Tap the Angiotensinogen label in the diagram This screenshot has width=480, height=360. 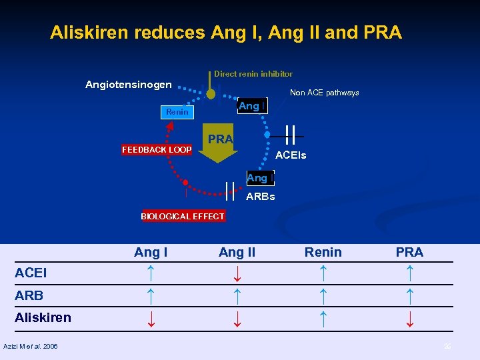coord(129,85)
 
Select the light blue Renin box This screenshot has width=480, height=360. coord(177,112)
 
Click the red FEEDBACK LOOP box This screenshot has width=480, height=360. coord(157,150)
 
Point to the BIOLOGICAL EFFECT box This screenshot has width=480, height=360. coord(183,216)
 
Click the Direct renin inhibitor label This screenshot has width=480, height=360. coord(253,74)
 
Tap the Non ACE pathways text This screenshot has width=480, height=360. coord(325,93)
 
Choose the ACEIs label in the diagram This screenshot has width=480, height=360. coord(291,155)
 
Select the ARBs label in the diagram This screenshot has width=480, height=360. coord(261,197)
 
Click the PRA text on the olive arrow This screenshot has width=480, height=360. coord(220,139)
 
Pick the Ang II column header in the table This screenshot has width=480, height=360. coord(237,252)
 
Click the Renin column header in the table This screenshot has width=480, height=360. coord(323,252)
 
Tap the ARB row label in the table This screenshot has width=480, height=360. coord(29,295)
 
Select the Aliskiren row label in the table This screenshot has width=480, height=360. coord(43,317)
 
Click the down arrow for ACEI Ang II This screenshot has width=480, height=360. coord(237,273)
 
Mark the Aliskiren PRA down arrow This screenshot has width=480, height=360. coord(409,318)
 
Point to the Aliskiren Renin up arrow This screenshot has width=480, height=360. coord(323,317)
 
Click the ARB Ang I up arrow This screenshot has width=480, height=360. coord(151,295)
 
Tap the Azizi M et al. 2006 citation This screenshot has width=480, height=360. coord(31,346)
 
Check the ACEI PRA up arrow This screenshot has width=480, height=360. coord(409,273)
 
